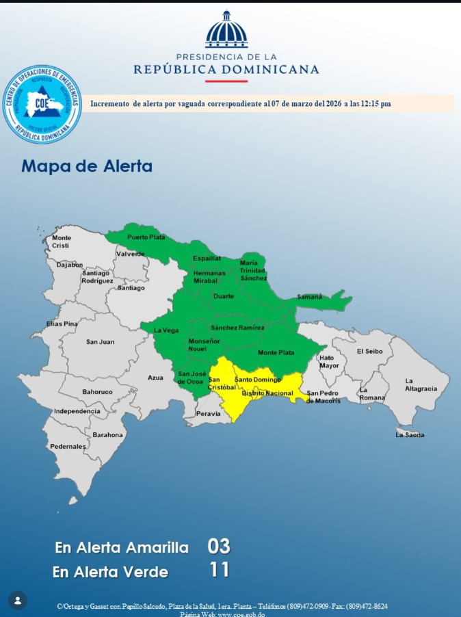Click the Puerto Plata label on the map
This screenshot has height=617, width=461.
(146, 237)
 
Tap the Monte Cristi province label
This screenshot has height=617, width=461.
(62, 241)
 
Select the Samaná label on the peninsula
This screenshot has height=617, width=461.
(309, 296)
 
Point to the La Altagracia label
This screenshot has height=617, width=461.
(421, 384)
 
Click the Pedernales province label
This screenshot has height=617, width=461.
(68, 447)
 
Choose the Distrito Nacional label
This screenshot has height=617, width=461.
(267, 393)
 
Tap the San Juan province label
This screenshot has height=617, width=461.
(101, 342)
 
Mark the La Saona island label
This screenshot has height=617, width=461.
(410, 435)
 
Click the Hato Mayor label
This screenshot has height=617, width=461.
(329, 361)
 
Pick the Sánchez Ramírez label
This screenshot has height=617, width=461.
(237, 328)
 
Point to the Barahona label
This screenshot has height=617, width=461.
(108, 434)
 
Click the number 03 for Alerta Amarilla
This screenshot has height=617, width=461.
(219, 547)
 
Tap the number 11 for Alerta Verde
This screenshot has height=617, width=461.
(219, 570)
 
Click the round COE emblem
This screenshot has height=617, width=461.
(42, 104)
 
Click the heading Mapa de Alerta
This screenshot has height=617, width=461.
(87, 166)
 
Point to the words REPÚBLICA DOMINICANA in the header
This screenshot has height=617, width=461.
(226, 69)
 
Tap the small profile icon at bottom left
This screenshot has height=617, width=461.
(18, 601)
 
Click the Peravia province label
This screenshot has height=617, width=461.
(209, 413)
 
